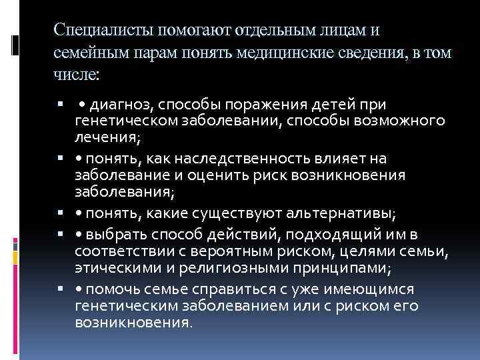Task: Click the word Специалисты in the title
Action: pos(95,31)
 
